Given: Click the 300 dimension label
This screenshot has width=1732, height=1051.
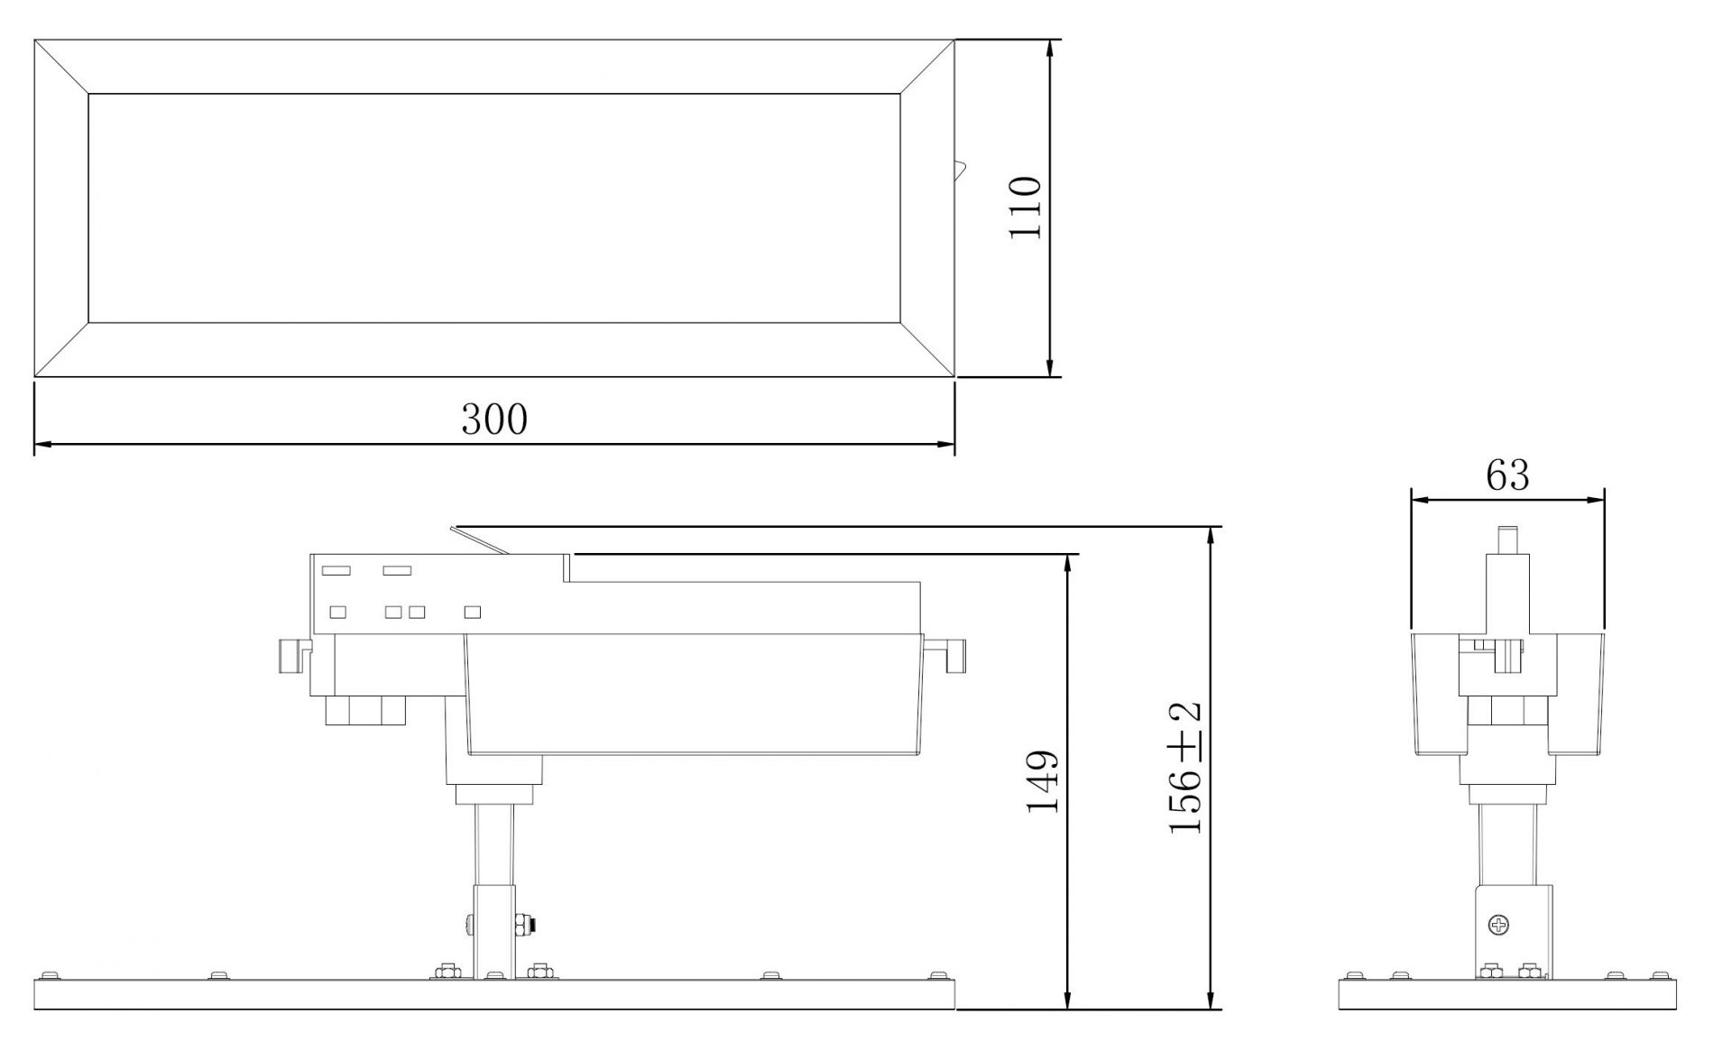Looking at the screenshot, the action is click(494, 420).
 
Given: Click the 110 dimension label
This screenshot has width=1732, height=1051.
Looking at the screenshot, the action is click(1025, 207).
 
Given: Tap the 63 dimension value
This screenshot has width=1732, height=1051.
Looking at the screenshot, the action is click(1507, 475).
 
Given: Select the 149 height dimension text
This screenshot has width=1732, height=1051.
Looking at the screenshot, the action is click(1043, 780).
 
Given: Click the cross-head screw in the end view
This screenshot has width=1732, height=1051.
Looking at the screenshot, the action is click(1498, 924).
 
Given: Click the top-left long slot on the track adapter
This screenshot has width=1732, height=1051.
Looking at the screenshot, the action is click(336, 570).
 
